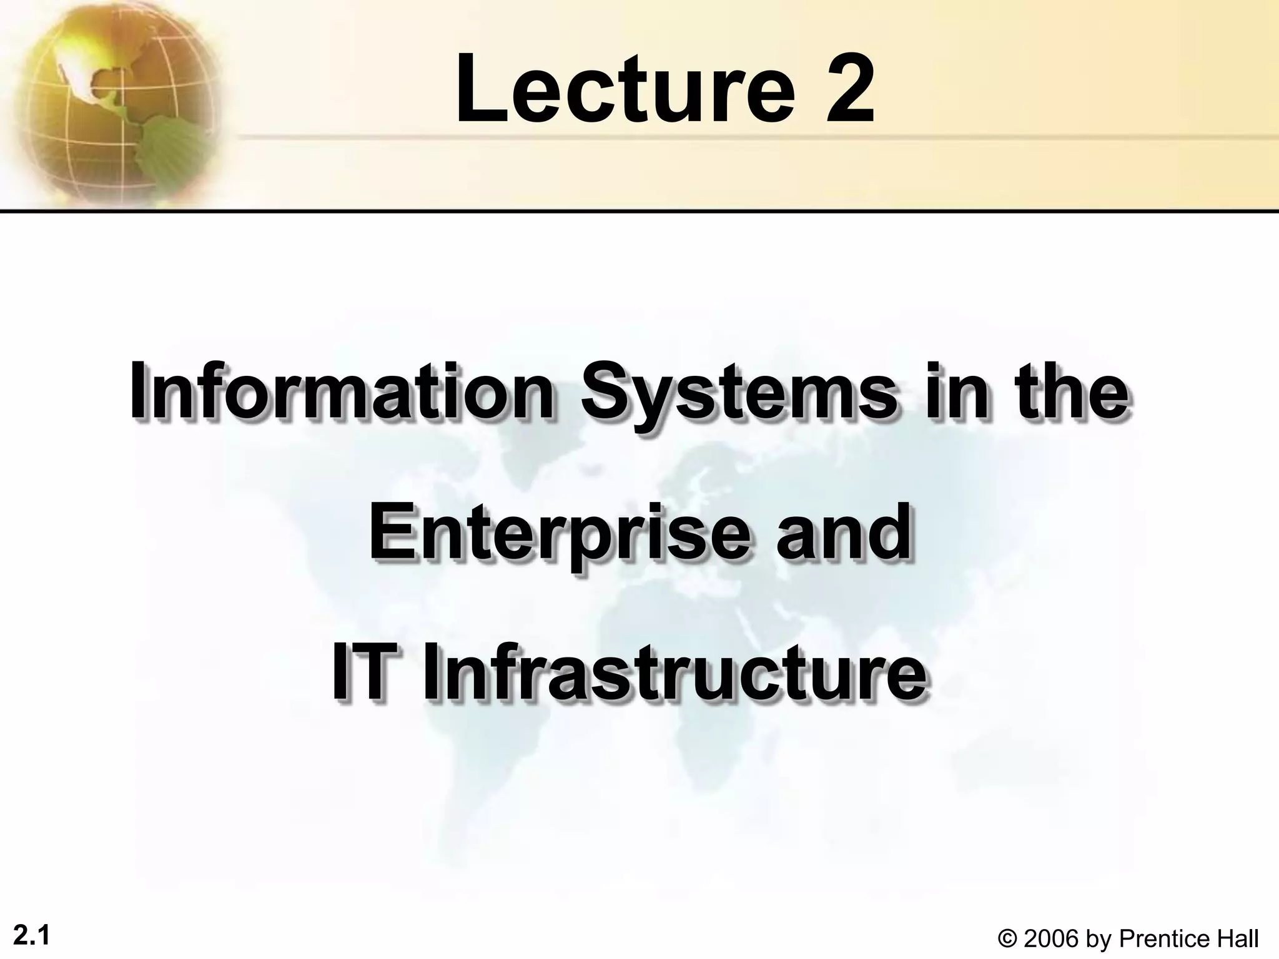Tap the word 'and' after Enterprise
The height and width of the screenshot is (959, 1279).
point(842,531)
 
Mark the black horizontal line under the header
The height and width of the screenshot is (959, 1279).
point(639,211)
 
